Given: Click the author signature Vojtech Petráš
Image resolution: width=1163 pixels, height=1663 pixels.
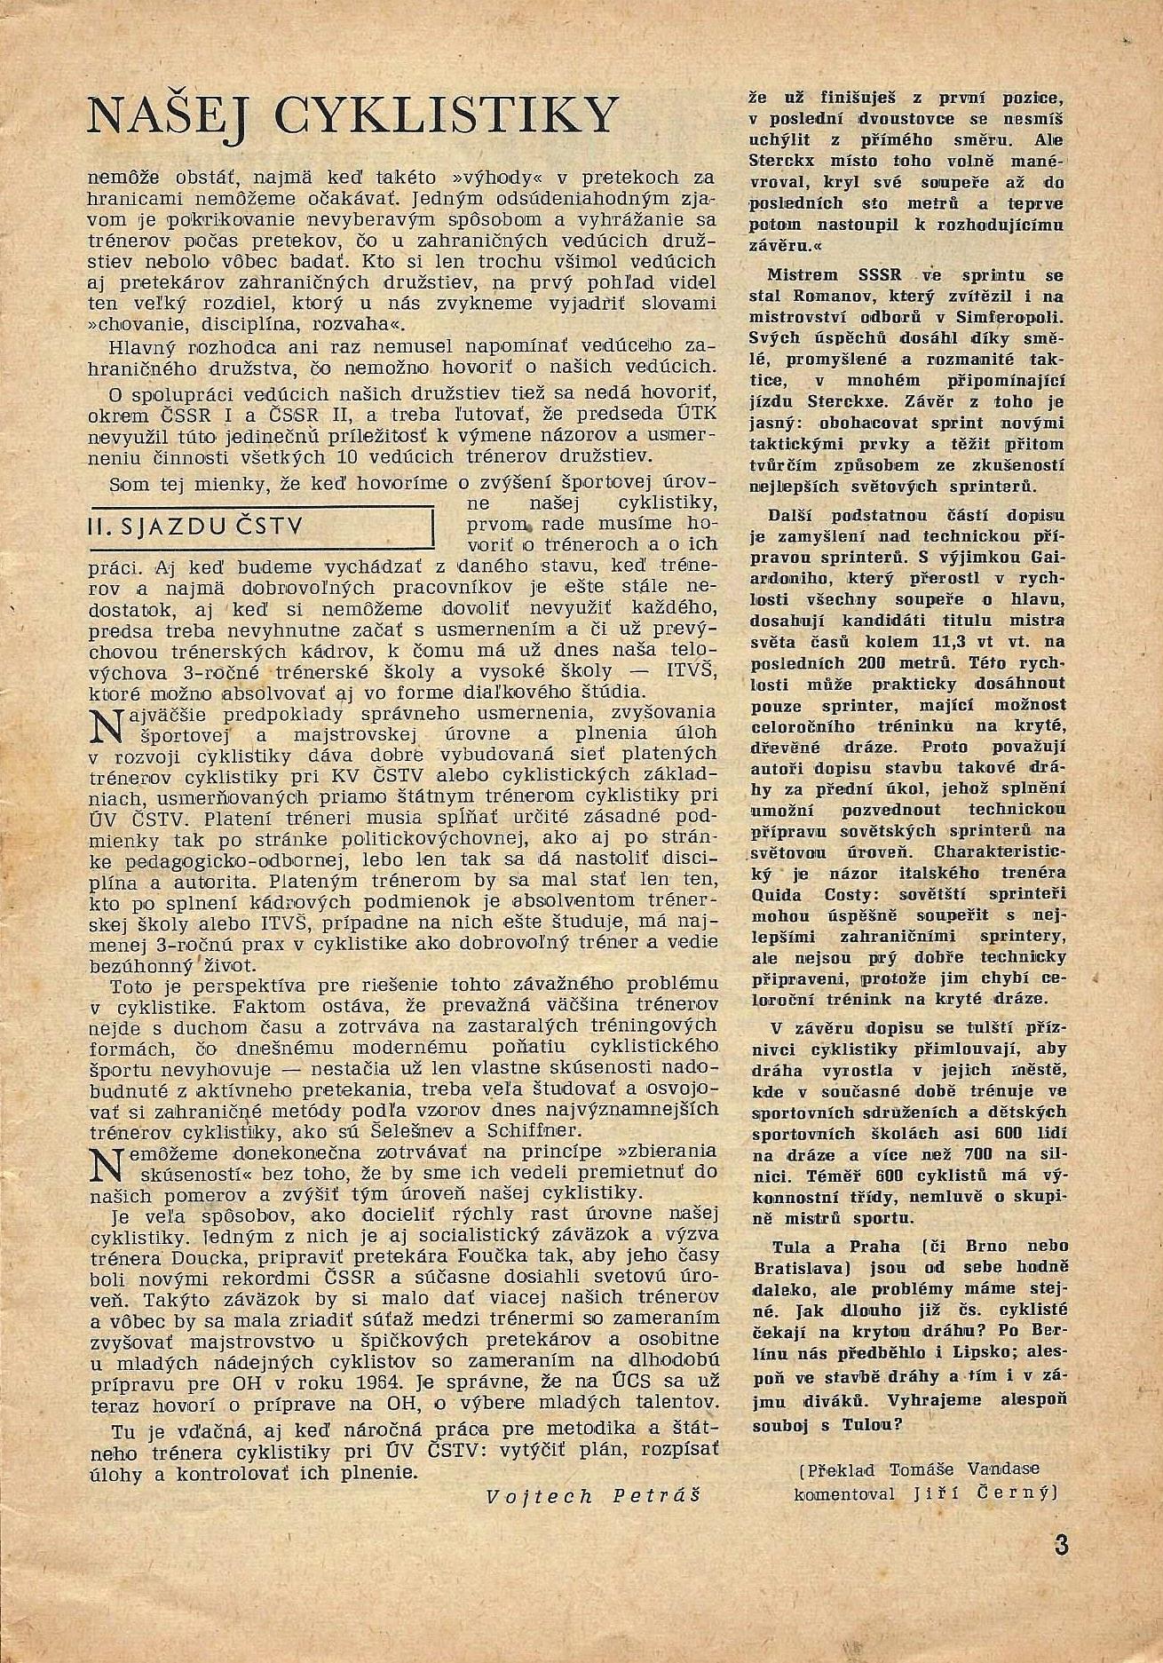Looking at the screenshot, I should pyautogui.click(x=593, y=1495).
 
